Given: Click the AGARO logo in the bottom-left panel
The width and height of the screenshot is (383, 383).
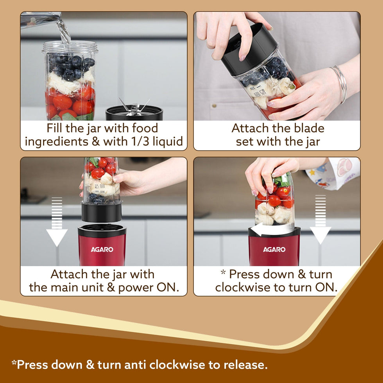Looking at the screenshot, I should tap(102, 249).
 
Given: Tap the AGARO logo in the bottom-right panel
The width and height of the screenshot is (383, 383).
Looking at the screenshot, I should tap(274, 249).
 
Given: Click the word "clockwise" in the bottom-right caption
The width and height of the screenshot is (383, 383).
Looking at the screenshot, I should tap(242, 287).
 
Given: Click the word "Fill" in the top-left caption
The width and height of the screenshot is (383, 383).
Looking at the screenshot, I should tap(55, 128).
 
